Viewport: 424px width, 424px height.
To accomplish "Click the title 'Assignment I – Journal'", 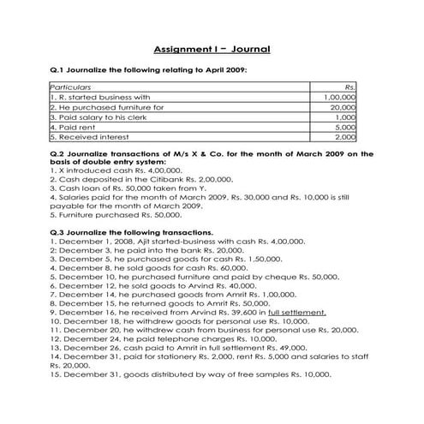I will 212,49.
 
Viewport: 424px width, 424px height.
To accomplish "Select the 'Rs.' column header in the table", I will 349,87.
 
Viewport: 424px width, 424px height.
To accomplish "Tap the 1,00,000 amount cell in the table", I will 341,98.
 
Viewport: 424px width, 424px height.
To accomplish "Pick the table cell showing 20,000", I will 343,108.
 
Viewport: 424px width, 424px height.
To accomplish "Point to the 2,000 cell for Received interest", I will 345,136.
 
